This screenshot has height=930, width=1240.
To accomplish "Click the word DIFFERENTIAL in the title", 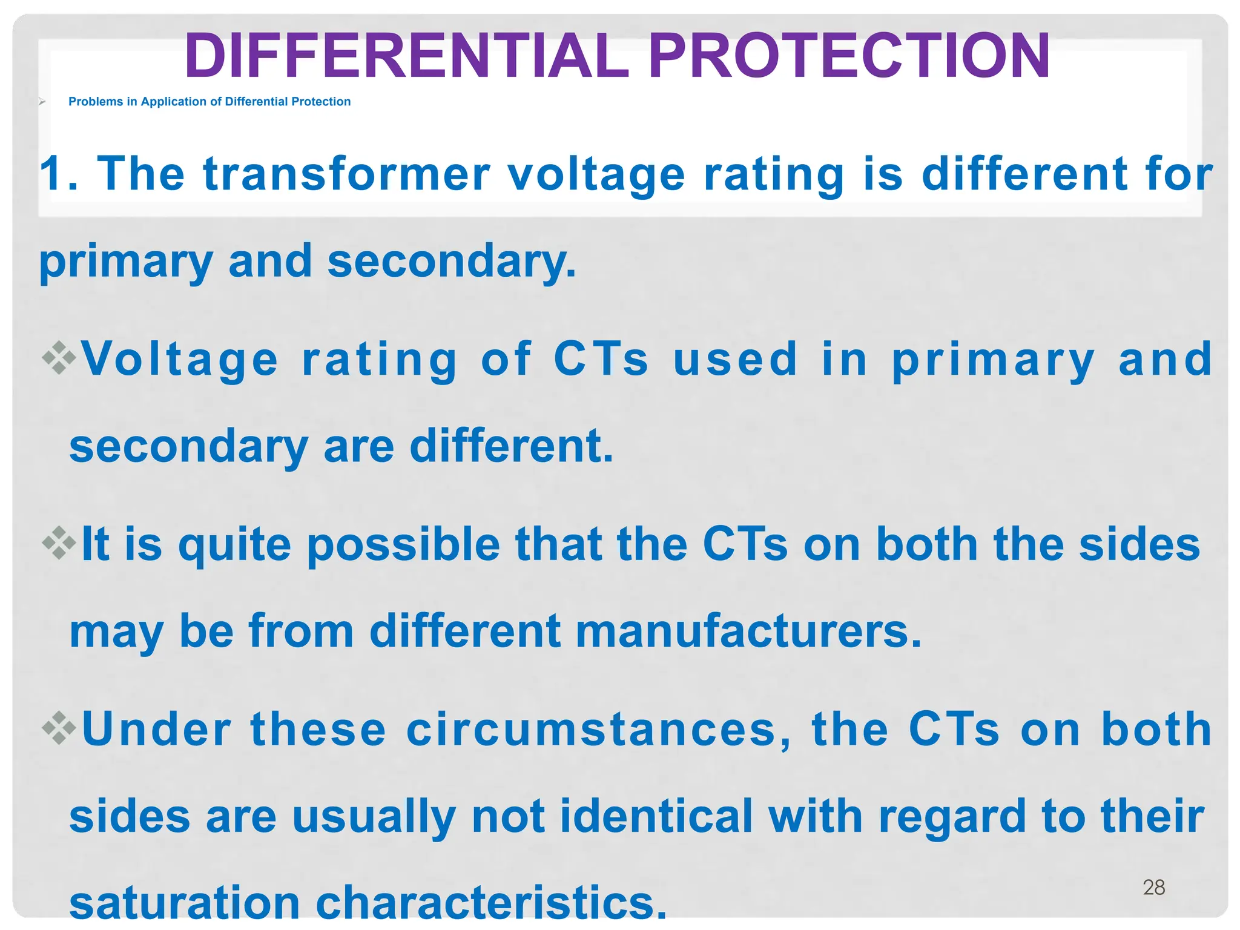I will tap(406, 56).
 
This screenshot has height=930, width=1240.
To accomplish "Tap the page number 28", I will tap(1153, 887).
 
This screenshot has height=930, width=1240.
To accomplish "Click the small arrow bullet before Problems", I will tap(42, 102).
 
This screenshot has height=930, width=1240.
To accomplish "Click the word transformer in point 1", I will tap(346, 174).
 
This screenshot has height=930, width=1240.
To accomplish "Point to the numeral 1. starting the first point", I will tap(59, 174).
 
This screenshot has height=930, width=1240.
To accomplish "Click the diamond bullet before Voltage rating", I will tap(59, 358).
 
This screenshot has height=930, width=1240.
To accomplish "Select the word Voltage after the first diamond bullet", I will tap(179, 360).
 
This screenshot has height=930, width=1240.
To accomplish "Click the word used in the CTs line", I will tap(735, 360).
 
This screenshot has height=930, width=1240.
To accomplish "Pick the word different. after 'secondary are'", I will tap(512, 447).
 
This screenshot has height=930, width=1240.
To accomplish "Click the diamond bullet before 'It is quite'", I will tap(59, 543).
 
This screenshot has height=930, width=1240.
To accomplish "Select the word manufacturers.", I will tap(748, 632).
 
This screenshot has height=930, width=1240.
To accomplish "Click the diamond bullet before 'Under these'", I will tap(59, 727).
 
